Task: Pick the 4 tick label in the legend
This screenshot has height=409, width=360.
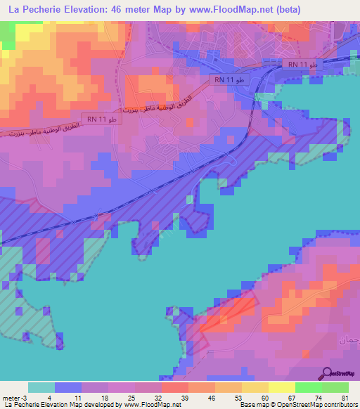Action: coord(54,396)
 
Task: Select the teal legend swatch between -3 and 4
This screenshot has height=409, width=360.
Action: coord(41,387)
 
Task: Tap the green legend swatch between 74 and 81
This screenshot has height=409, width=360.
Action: coord(335,387)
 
